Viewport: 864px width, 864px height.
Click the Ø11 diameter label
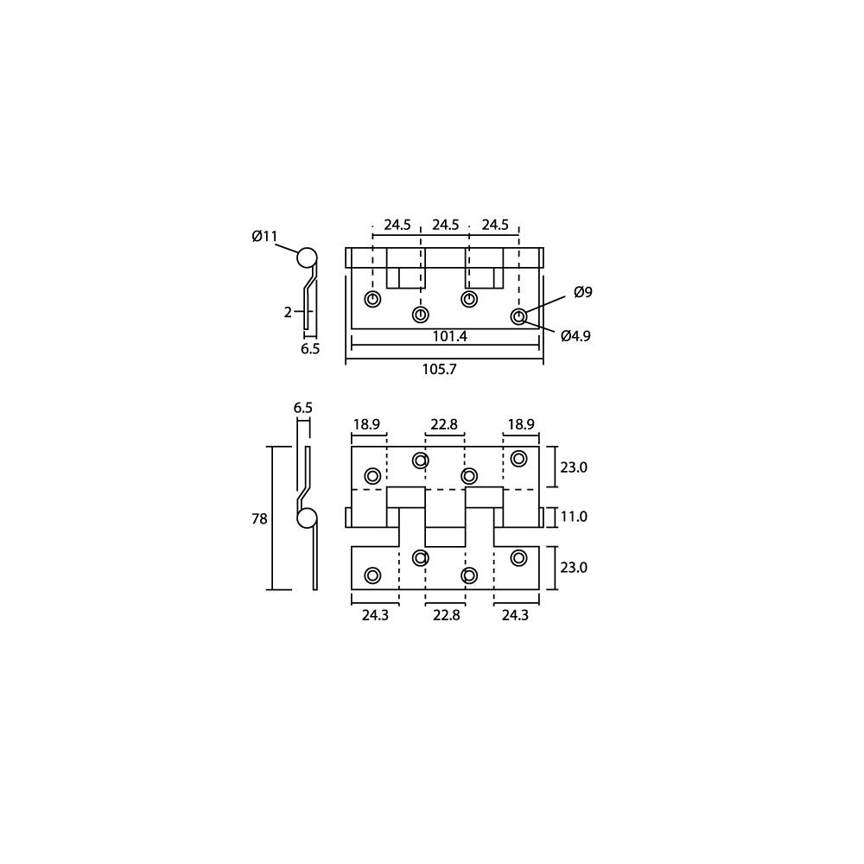[265, 236]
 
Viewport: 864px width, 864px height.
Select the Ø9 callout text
[583, 293]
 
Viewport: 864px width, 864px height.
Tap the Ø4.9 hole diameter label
[575, 336]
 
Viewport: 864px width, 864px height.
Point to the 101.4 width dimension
[449, 336]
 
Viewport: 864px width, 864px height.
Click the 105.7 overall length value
[439, 369]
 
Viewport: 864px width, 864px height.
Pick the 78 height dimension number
[259, 519]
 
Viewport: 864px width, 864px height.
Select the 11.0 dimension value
[575, 517]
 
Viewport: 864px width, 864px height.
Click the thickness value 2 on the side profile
[288, 313]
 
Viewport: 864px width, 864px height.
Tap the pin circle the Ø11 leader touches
[306, 257]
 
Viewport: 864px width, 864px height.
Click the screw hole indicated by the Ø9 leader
[518, 317]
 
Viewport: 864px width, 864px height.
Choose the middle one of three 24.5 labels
[446, 225]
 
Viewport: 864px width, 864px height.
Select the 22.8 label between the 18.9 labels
[446, 424]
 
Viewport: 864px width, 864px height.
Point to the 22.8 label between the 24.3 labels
[446, 615]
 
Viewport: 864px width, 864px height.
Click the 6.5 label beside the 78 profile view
[302, 408]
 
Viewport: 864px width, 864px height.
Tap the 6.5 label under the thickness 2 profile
[310, 349]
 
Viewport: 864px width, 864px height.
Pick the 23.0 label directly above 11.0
[575, 467]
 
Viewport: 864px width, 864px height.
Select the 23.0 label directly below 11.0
[575, 568]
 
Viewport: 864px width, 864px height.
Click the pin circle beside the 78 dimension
[307, 518]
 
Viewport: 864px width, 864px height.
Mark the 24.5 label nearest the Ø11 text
[397, 225]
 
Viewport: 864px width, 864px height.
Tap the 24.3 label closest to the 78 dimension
[375, 615]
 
